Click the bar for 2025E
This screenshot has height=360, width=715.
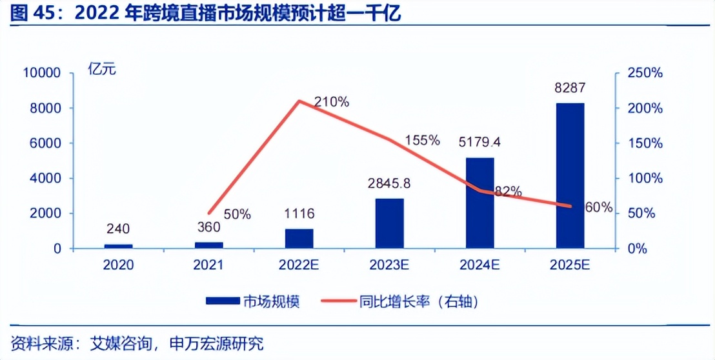[x=570, y=175]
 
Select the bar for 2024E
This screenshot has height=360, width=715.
[x=479, y=203]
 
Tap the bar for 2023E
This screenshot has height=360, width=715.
[x=389, y=223]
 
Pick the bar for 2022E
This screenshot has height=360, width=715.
[x=299, y=238]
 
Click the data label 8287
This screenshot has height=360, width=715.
[x=570, y=88]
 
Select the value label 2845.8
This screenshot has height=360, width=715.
[x=389, y=183]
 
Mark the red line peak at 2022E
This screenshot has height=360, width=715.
[x=299, y=101]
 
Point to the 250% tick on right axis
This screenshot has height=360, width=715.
[x=646, y=74]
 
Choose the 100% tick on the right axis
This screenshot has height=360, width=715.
[x=646, y=179]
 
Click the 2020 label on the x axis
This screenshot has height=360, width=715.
[x=118, y=265]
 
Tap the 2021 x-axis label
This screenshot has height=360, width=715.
[x=208, y=265]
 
